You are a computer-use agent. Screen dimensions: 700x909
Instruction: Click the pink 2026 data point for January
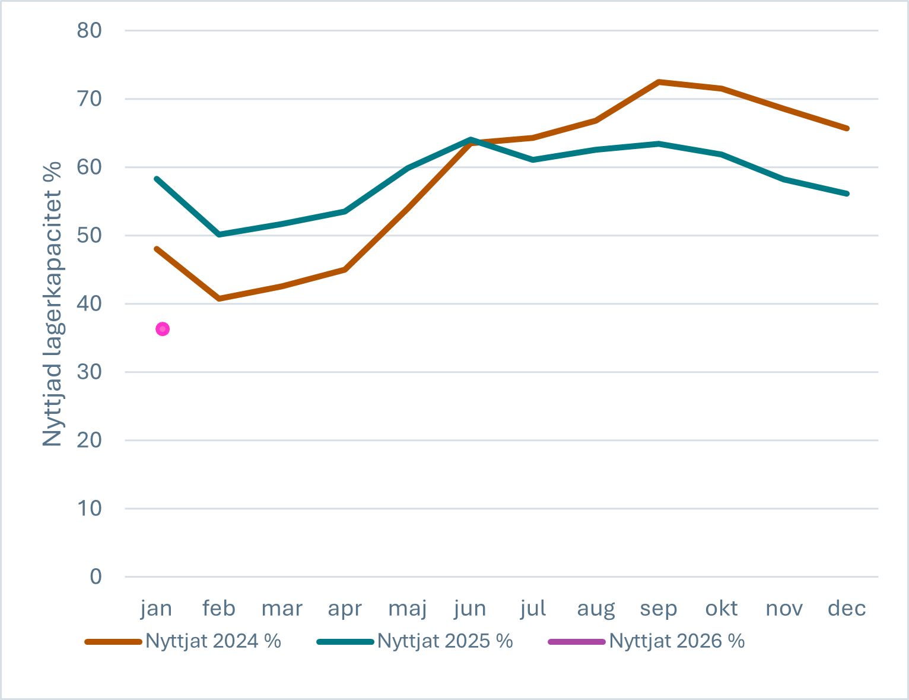click(163, 329)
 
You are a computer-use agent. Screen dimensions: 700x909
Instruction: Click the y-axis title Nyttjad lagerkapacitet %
click(53, 303)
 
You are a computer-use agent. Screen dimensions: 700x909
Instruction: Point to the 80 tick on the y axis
click(89, 30)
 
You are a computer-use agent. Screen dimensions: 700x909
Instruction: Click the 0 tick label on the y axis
click(96, 577)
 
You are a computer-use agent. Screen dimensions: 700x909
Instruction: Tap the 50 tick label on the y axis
click(89, 236)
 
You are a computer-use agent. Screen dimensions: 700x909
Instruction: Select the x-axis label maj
click(408, 609)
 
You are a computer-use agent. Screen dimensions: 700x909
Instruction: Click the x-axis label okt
click(722, 609)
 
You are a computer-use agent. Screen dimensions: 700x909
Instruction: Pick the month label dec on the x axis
click(847, 609)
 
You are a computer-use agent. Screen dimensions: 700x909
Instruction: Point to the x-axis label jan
click(157, 609)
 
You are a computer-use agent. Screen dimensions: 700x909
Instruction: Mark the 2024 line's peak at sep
click(659, 82)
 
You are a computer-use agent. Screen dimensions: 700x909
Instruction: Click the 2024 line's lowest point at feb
click(220, 299)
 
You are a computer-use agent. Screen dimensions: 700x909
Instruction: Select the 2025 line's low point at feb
click(220, 235)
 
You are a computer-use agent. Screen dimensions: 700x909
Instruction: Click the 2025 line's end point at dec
click(847, 194)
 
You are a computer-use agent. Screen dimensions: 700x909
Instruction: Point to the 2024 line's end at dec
click(847, 128)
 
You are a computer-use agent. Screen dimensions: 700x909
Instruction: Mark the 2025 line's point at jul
click(533, 160)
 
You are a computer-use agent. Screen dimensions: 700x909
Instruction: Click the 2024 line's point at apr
click(345, 270)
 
